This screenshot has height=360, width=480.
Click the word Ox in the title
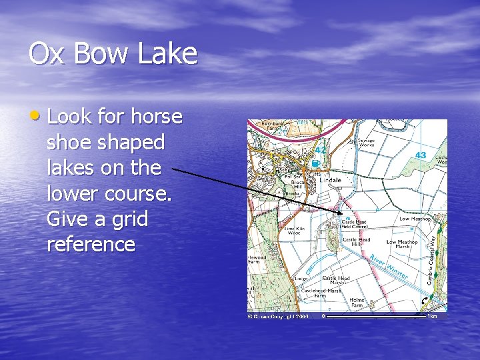coord(46,53)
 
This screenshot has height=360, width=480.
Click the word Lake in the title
coord(169,53)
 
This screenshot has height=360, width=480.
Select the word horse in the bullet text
coord(156,117)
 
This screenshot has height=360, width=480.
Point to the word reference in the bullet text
coord(91,244)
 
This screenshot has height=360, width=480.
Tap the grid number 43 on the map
coord(420,155)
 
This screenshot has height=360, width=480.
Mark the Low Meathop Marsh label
coord(401,245)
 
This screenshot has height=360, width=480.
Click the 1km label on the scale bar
coord(433,316)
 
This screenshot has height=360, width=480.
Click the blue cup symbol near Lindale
coord(315,163)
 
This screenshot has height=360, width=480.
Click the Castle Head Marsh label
coord(335,280)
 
